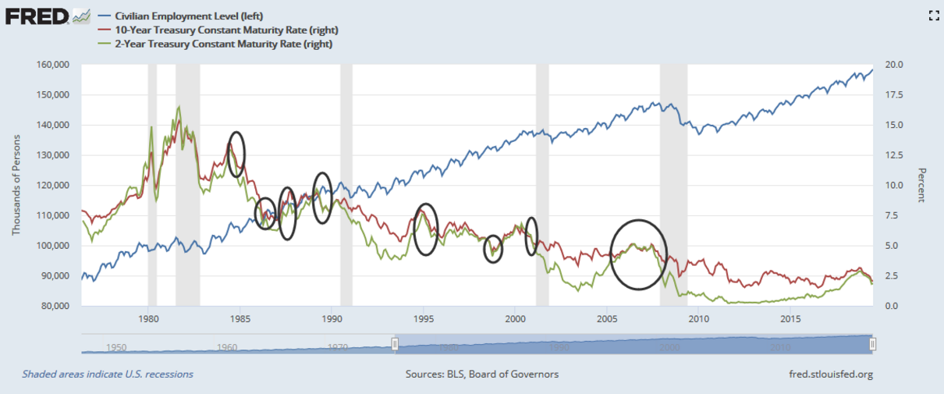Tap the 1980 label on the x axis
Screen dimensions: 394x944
point(148,319)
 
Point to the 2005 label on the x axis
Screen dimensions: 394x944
point(607,319)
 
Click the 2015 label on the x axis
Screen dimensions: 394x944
point(790,319)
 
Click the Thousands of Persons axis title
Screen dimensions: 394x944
point(16,185)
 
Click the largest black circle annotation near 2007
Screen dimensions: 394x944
point(639,254)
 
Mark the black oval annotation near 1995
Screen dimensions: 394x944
point(425,229)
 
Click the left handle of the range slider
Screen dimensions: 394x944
point(395,344)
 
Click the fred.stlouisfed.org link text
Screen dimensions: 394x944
point(831,374)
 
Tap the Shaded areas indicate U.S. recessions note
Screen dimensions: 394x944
point(108,374)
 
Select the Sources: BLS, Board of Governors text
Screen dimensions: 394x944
point(481,374)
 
